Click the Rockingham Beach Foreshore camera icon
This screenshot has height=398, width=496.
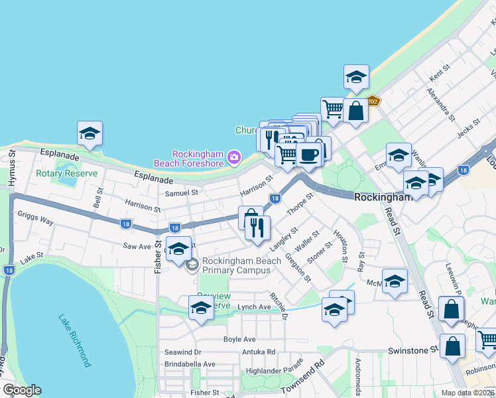point(233,157)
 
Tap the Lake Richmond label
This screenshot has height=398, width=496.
point(74,341)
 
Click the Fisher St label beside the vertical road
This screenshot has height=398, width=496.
point(158,256)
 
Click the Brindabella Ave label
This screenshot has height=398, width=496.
point(190,364)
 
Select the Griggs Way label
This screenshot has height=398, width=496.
point(36,216)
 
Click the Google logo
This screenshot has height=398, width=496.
point(23,390)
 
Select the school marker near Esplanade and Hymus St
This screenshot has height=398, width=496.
point(90,134)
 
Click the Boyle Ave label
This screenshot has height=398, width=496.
point(239,339)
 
